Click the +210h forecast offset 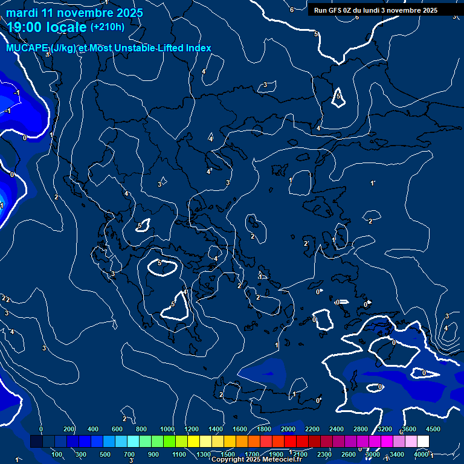point(107,27)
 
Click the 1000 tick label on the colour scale point(167,429)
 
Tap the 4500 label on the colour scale point(433,429)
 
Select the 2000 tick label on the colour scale point(288,429)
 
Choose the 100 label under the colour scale point(57,454)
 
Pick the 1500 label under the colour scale point(228,454)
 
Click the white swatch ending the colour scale point(423,442)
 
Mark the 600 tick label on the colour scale point(117,429)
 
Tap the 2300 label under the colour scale point(324,454)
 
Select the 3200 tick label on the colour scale point(385,429)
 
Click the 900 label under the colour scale point(154,454)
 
